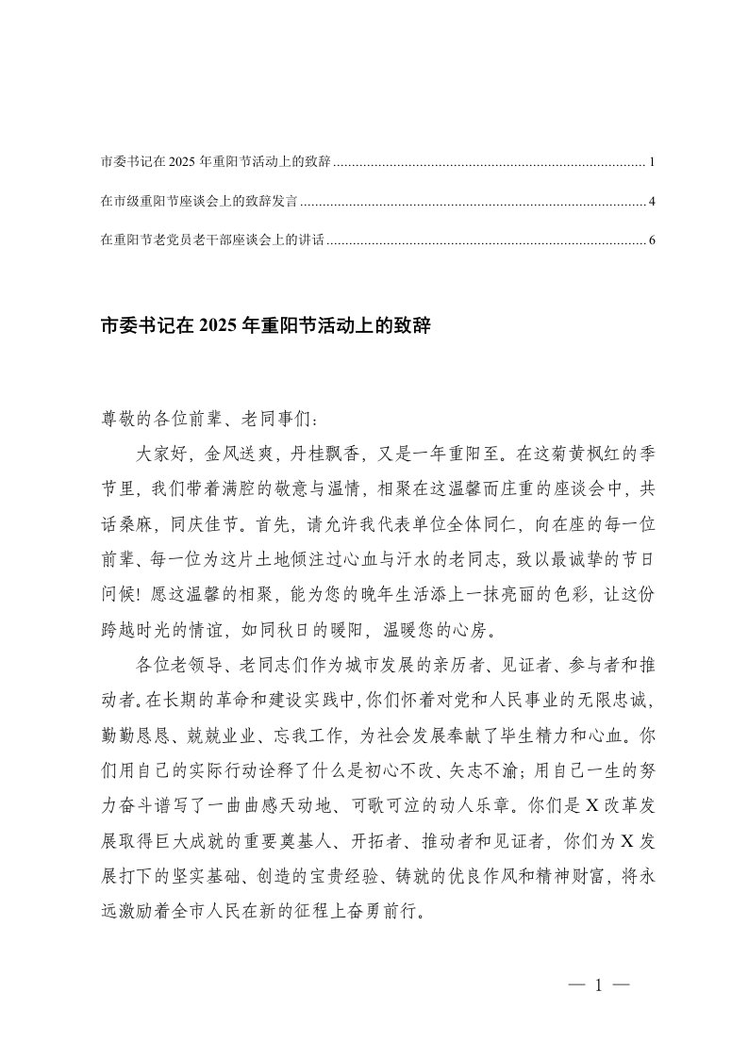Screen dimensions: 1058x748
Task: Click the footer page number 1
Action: pyautogui.click(x=598, y=986)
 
